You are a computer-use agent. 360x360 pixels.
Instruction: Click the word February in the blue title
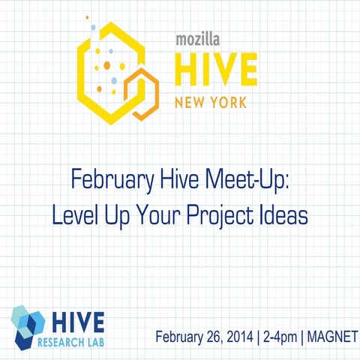point(102,181)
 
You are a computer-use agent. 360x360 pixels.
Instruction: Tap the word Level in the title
point(73,215)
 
